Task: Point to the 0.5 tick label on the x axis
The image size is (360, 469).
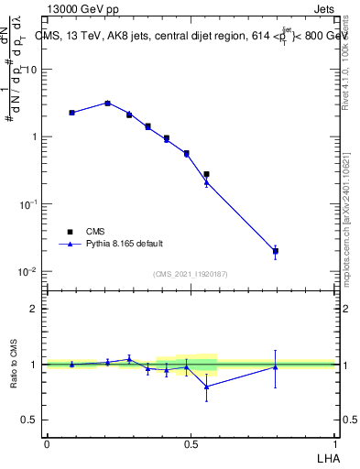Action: click(x=191, y=443)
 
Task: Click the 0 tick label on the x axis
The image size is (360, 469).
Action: click(x=47, y=443)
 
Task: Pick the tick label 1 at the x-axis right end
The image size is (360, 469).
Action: click(x=334, y=443)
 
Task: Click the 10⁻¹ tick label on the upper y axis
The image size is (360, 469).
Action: click(x=30, y=204)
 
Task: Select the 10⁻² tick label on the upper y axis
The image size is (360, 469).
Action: click(x=30, y=272)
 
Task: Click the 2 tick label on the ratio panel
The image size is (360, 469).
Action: click(x=36, y=309)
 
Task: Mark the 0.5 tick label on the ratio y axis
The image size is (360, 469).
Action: click(x=32, y=420)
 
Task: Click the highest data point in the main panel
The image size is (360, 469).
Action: click(x=107, y=103)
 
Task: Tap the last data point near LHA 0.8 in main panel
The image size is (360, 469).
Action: click(x=275, y=250)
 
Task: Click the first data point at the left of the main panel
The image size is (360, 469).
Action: click(x=71, y=113)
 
